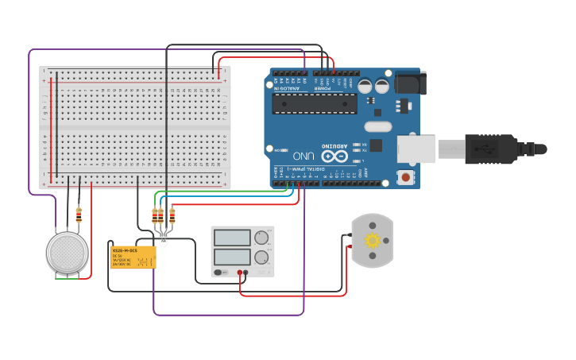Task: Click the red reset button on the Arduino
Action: (406, 177)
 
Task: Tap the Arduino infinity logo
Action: (333, 155)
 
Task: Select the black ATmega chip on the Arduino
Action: (315, 104)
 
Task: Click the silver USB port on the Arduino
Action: (416, 149)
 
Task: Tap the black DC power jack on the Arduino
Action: (410, 83)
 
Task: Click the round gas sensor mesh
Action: (67, 253)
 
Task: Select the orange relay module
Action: (133, 257)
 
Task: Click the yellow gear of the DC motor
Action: (372, 240)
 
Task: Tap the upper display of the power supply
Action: (232, 238)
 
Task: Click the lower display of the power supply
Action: (232, 257)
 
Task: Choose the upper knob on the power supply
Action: (261, 238)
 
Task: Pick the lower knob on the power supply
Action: (261, 257)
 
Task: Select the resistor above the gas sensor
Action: (78, 215)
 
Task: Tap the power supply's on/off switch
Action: (222, 273)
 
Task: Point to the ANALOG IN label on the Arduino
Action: (288, 89)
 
